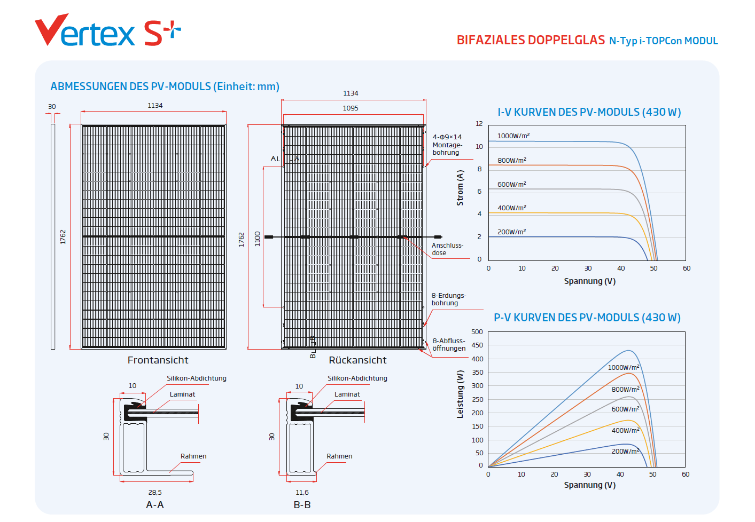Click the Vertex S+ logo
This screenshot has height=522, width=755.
coord(107,31)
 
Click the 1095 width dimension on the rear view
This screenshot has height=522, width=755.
coord(351,108)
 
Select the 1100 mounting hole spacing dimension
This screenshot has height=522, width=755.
coord(258,239)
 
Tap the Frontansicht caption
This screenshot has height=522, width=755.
coord(158,360)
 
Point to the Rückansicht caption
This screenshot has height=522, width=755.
coord(357,360)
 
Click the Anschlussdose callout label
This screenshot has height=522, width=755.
coord(447,249)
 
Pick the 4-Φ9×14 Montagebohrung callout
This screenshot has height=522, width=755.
coord(447,145)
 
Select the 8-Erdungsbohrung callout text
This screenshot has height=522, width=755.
coord(448,299)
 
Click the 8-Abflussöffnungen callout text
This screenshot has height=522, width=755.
coord(449,345)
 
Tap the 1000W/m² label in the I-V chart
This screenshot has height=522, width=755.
coord(513,136)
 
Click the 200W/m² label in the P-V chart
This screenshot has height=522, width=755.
coord(625,452)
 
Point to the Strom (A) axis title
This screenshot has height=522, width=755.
coord(460,188)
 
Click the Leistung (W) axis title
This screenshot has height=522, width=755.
coord(460,394)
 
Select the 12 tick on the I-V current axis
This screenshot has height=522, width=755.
coord(479,124)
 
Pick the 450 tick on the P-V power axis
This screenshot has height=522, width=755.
coord(477,345)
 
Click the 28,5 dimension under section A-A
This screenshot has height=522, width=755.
coord(155,493)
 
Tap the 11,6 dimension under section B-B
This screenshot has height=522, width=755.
coord(302,493)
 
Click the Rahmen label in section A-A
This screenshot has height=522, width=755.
coord(193,456)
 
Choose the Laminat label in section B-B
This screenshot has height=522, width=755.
coord(347,394)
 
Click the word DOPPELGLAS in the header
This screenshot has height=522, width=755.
coord(567,41)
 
